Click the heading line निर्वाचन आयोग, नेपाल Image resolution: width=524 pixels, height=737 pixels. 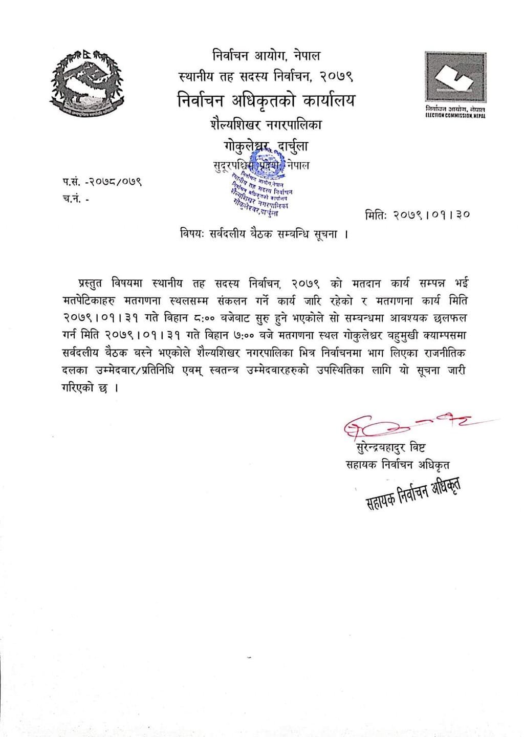coord(266,55)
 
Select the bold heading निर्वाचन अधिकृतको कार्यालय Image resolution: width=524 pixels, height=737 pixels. coord(266,100)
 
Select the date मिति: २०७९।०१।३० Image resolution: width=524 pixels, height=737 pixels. coord(418,215)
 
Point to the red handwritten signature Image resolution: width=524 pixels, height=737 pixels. coord(404,425)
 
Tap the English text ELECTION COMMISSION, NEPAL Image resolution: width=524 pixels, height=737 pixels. coord(455,116)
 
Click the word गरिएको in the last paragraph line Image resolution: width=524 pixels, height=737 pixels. coord(79,388)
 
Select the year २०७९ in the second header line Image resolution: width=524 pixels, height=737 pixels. coord(337,77)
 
